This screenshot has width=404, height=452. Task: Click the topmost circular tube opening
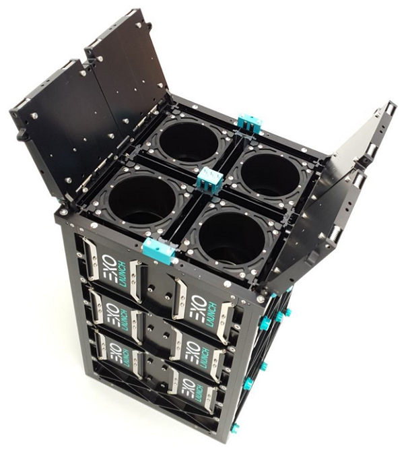coord(189,141)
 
